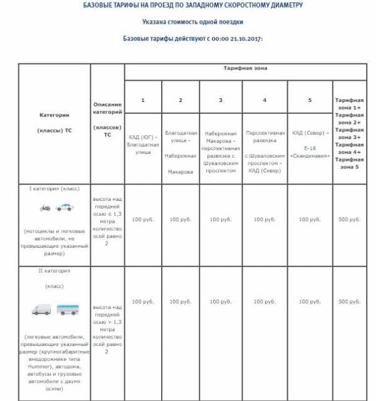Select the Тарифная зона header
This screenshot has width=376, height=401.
244,66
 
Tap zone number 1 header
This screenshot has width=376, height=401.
143,100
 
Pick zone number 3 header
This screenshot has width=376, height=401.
221,100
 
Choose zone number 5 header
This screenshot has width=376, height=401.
310,100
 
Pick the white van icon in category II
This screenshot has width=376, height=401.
42,309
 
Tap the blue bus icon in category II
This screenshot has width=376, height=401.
68,309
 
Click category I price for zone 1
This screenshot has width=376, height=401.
143,220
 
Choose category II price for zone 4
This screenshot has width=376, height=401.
265,302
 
